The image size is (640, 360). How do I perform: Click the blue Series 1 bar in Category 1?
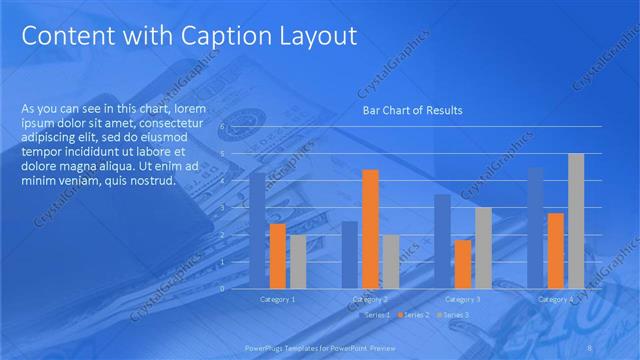click(257, 230)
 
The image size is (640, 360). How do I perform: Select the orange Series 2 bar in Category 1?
click(277, 255)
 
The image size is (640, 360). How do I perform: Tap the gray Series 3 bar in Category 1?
click(298, 261)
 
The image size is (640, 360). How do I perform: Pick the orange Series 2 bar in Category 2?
click(370, 228)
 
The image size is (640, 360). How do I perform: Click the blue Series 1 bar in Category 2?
click(349, 254)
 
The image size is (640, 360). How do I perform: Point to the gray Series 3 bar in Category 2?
click(390, 261)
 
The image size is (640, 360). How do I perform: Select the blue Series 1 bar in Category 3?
click(441, 240)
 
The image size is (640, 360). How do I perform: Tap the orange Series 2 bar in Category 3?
click(462, 263)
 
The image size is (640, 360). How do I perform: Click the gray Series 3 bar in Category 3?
click(483, 247)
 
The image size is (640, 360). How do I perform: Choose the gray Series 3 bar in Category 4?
click(576, 220)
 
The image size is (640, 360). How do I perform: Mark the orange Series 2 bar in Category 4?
click(555, 250)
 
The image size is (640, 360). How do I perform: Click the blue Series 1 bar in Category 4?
click(535, 227)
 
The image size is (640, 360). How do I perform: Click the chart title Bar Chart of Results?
click(412, 110)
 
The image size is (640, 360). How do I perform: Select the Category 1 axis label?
click(277, 299)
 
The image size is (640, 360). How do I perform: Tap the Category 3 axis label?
click(462, 299)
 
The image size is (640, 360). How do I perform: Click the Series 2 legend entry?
click(413, 315)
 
